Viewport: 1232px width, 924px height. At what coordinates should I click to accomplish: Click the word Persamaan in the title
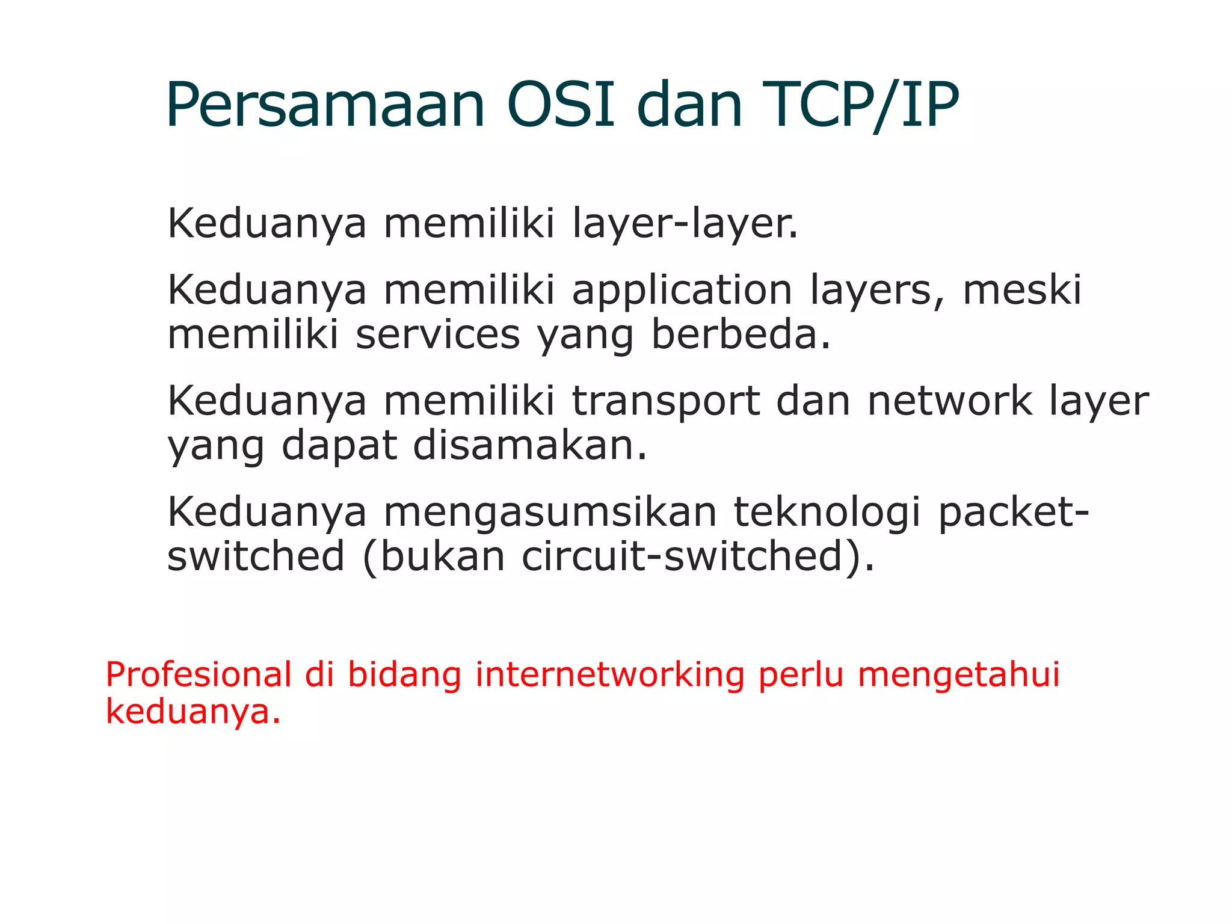325,105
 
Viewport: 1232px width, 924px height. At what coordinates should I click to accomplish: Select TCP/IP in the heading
860,105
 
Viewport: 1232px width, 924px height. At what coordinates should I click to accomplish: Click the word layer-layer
685,224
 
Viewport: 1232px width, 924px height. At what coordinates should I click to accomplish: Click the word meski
1022,290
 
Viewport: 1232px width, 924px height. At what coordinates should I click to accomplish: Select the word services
437,334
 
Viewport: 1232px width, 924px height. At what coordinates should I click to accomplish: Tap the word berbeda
741,334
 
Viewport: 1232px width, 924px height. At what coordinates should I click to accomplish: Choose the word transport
665,402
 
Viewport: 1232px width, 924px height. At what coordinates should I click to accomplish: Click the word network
949,401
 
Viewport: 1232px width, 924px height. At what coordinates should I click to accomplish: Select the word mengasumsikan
550,513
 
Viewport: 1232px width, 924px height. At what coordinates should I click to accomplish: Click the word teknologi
827,513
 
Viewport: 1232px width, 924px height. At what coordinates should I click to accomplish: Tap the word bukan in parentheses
442,556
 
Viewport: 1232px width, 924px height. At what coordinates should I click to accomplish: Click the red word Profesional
199,674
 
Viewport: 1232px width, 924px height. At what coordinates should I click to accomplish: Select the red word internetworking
609,674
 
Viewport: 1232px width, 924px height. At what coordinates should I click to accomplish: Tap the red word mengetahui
958,674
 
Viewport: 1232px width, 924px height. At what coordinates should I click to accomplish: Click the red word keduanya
192,712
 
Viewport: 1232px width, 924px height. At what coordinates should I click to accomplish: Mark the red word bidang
404,674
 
